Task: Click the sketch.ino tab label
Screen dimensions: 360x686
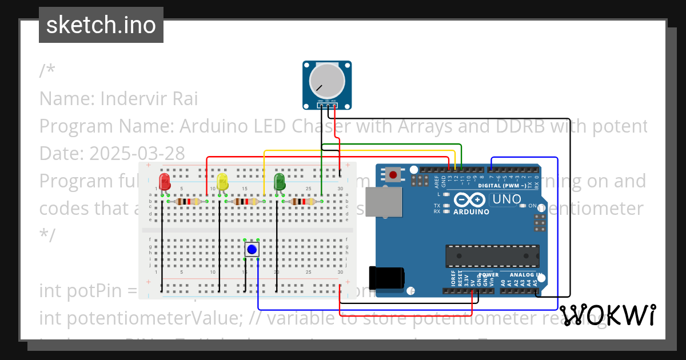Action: (x=101, y=25)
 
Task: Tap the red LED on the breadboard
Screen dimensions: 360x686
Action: (x=165, y=182)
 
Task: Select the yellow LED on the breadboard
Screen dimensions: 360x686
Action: (x=222, y=182)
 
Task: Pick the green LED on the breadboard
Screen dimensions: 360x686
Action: (x=280, y=182)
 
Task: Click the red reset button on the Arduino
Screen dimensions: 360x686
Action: (x=393, y=174)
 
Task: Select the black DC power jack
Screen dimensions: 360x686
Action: (x=386, y=278)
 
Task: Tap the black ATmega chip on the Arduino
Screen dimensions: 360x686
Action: (x=492, y=255)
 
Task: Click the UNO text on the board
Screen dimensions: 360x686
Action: (x=506, y=199)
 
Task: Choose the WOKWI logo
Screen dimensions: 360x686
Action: (x=608, y=315)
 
